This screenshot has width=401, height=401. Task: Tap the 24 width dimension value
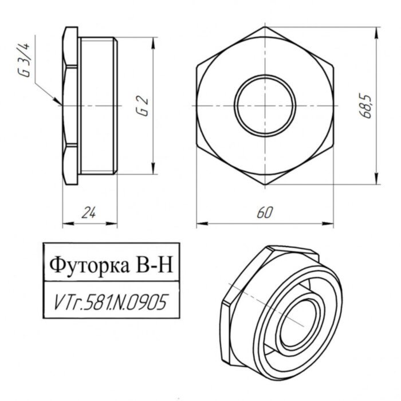pyautogui.click(x=88, y=213)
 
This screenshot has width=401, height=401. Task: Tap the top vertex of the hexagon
pyautogui.click(x=265, y=26)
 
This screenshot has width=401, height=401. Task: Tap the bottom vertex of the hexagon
pyautogui.click(x=265, y=184)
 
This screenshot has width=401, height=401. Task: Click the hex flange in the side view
pyautogui.click(x=70, y=105)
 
